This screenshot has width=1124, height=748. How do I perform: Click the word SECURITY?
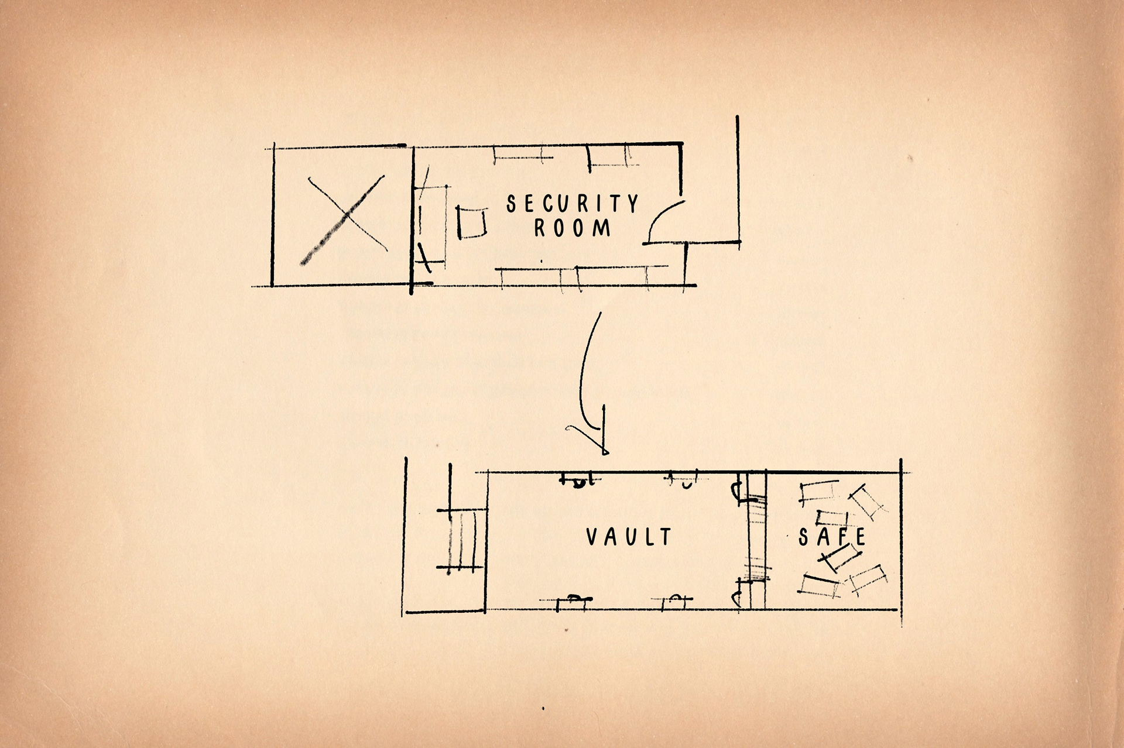(x=573, y=204)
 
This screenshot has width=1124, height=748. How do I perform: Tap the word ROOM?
(x=573, y=228)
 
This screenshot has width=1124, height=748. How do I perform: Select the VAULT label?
(x=629, y=537)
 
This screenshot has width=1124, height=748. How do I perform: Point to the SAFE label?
(x=832, y=537)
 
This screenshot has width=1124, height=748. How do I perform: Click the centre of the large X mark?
(x=347, y=219)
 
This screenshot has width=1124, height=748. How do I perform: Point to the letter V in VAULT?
(x=592, y=537)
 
